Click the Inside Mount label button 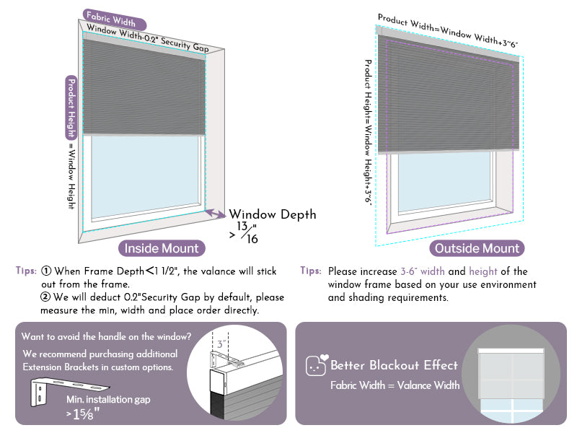(162, 248)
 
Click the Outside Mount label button (477, 248)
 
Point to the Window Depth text (272, 214)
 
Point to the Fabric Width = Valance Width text (395, 385)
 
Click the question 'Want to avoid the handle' (106, 336)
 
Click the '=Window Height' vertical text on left (71, 177)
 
